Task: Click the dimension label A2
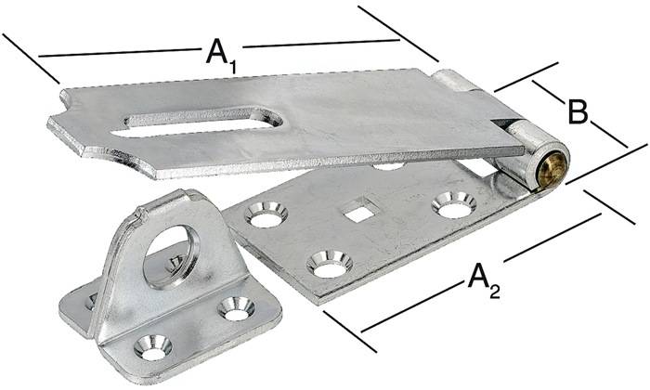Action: click(x=484, y=278)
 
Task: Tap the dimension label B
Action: click(x=577, y=112)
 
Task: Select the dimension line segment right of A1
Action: click(x=320, y=42)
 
